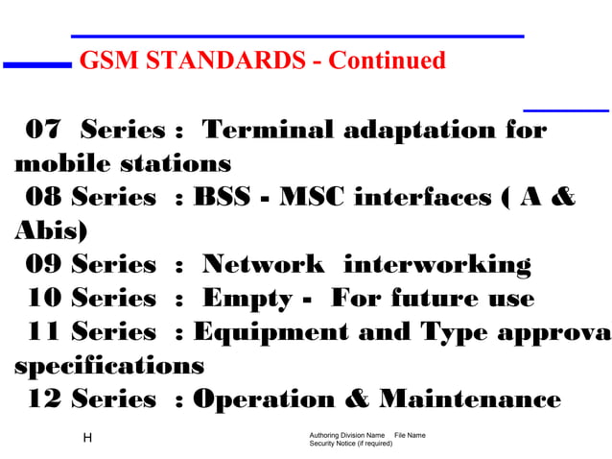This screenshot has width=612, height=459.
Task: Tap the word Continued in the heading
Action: (x=387, y=61)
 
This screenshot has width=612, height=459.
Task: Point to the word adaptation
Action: (x=418, y=130)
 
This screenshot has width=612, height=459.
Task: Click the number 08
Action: (x=44, y=198)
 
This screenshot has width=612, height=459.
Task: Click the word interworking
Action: (x=436, y=265)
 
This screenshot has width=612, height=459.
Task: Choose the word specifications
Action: (x=108, y=366)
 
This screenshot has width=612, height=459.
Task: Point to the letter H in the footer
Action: (x=87, y=438)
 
